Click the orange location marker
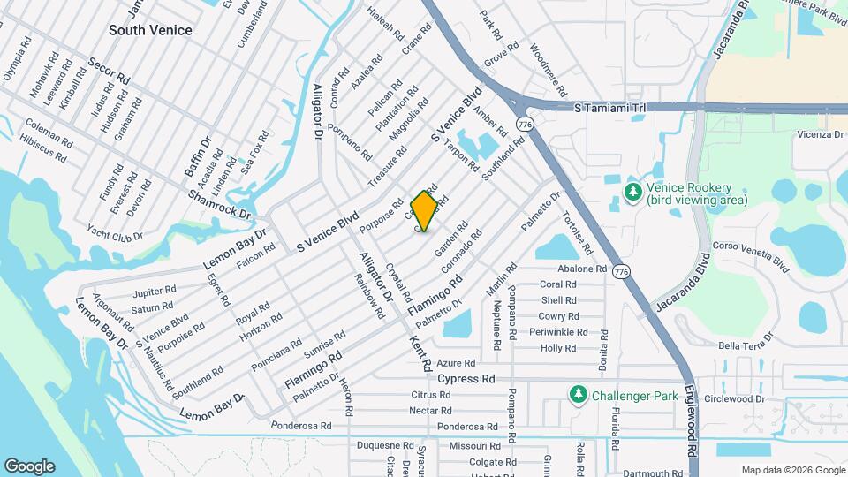pos(424,210)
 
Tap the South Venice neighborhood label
pos(150,30)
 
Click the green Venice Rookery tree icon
pos(632,191)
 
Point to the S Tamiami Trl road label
pos(609,108)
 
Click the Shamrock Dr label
pos(219,204)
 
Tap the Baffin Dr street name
pos(199,154)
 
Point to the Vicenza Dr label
pos(821,135)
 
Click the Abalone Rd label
pos(582,269)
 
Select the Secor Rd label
pos(109,72)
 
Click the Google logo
pos(29,466)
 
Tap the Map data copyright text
pos(791,470)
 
